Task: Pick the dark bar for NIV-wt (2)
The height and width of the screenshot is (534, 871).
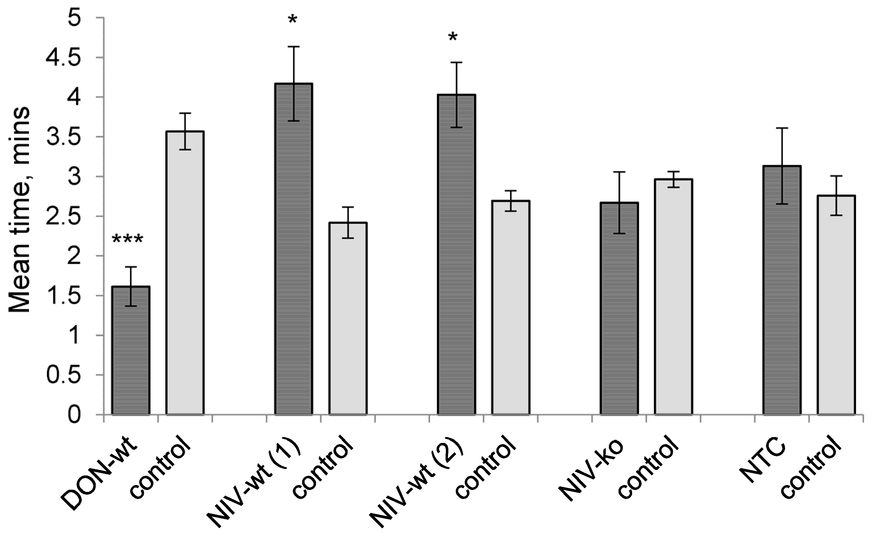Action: click(x=456, y=254)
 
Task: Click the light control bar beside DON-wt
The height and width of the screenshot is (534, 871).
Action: click(x=185, y=273)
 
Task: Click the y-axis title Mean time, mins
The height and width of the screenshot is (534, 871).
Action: click(x=20, y=210)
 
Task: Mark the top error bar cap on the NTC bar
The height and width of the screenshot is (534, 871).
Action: click(x=781, y=128)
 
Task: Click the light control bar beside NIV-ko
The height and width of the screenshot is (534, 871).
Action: click(x=673, y=296)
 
